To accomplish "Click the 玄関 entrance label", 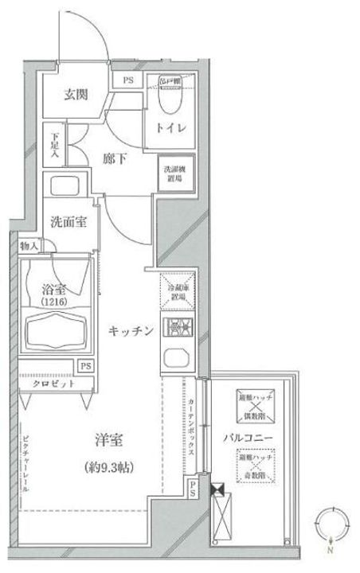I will coord(76,95).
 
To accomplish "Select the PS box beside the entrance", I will coord(127,80).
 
